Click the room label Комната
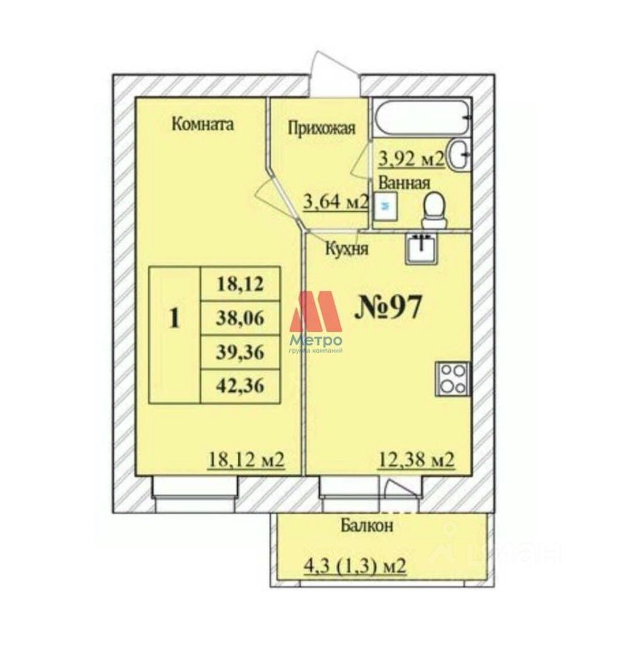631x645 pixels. coord(202,124)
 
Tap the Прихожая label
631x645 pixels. coord(321,128)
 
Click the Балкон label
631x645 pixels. coord(366,525)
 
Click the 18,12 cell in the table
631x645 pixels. coord(239,284)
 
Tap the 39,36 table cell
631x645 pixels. coord(239,351)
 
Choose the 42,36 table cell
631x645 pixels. coord(239,386)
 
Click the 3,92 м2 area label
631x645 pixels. coord(411,159)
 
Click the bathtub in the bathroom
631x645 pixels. coord(422,119)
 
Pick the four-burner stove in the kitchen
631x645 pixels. coord(452,378)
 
